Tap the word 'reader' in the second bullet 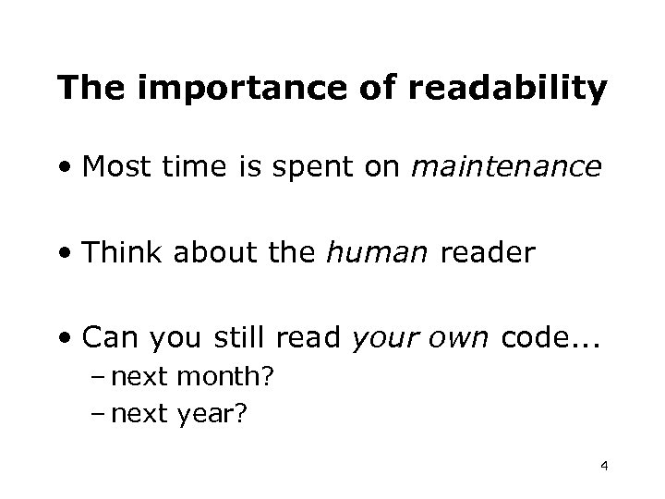tap(483, 253)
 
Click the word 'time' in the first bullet tap(184, 168)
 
